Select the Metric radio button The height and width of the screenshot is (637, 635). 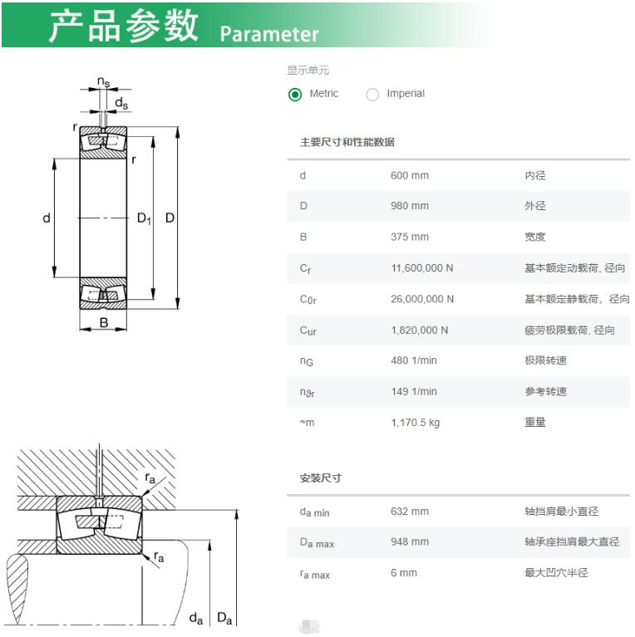click(x=295, y=95)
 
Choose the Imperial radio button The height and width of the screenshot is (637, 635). click(x=372, y=95)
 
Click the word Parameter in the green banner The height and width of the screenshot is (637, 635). click(x=269, y=34)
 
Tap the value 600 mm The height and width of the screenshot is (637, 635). click(x=410, y=175)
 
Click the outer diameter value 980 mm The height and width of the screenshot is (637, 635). click(x=410, y=206)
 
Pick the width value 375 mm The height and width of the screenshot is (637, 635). click(x=410, y=237)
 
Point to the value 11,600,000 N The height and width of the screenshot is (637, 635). click(x=422, y=268)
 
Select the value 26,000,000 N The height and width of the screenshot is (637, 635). click(x=422, y=299)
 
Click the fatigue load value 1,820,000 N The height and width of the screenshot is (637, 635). click(x=420, y=331)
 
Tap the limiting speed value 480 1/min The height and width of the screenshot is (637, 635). click(x=414, y=360)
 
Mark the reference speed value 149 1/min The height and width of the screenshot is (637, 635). click(x=414, y=392)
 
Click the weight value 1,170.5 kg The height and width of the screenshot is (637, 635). click(x=415, y=423)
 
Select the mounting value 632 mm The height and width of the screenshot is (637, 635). click(x=410, y=511)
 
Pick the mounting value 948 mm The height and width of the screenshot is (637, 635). click(x=410, y=541)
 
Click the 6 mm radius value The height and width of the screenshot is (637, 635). click(x=404, y=573)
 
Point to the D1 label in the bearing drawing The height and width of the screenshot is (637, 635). click(x=144, y=218)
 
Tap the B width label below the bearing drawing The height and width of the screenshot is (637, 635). click(x=104, y=322)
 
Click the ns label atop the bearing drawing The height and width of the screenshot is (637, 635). click(x=104, y=82)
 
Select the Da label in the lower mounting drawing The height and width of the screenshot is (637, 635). click(x=224, y=618)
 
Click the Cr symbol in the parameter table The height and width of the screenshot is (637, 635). click(x=305, y=268)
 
